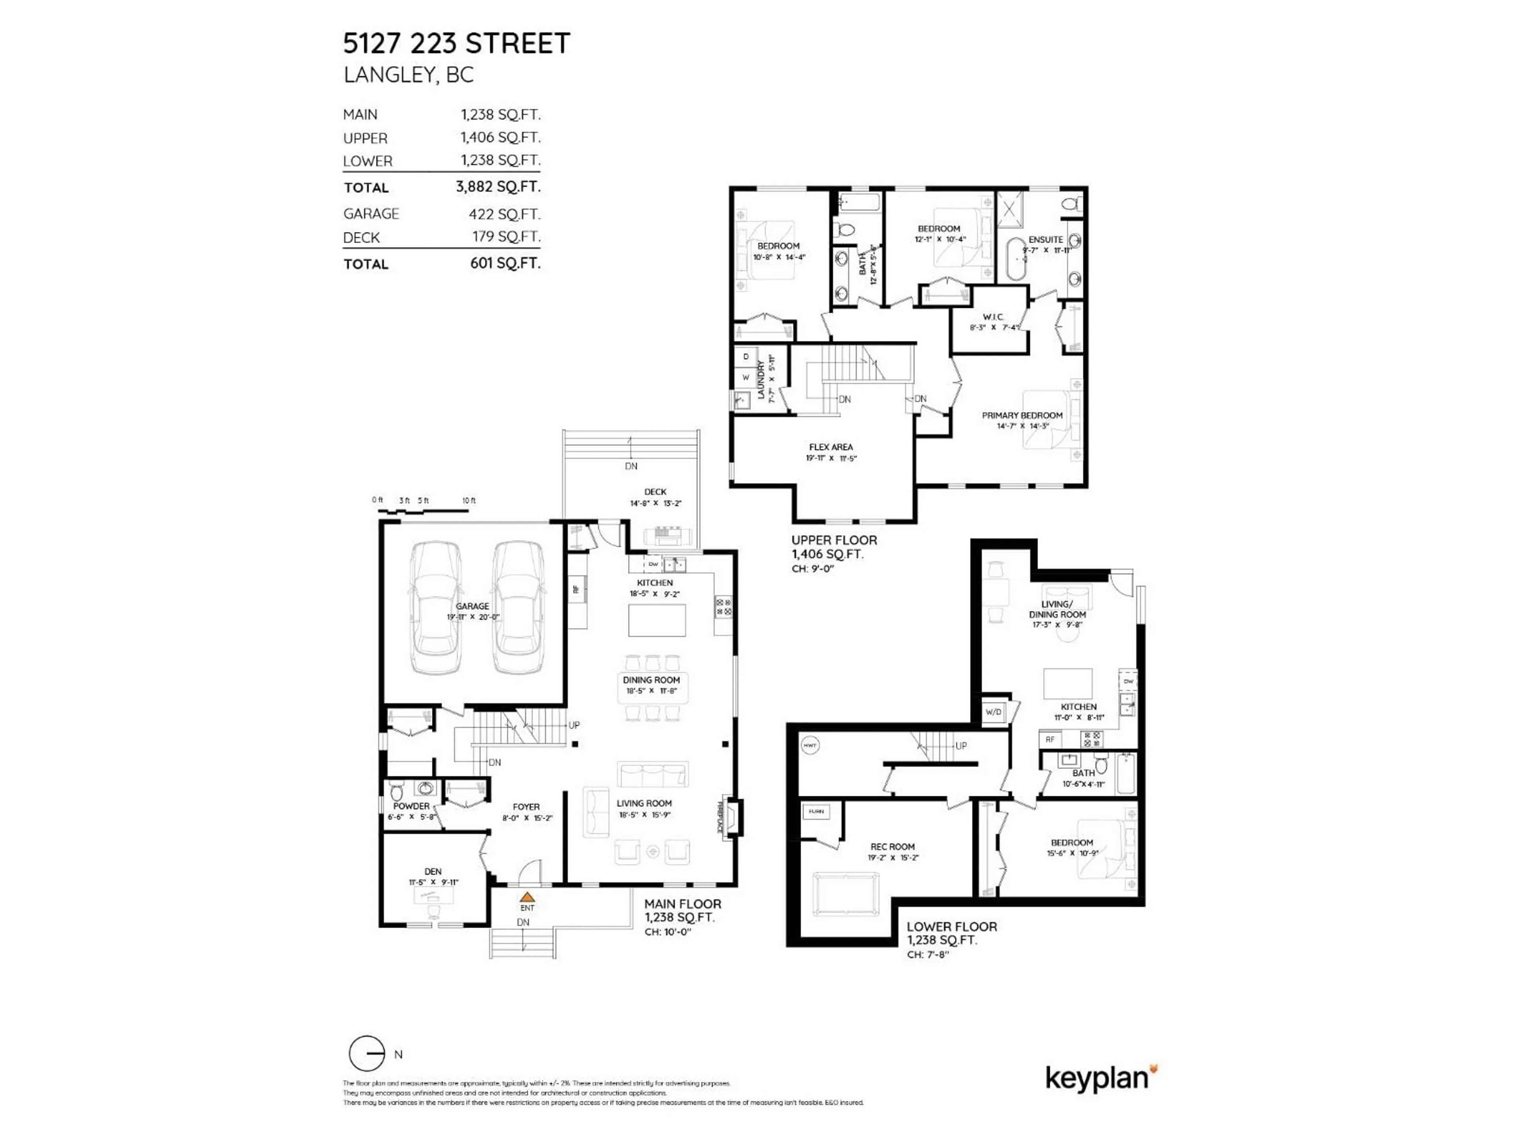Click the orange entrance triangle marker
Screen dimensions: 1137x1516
pos(526,897)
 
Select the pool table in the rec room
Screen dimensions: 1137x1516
pos(844,894)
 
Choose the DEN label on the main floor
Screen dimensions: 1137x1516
pos(432,871)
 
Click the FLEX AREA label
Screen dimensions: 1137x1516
pos(831,447)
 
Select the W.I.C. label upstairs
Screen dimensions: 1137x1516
pos(993,317)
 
